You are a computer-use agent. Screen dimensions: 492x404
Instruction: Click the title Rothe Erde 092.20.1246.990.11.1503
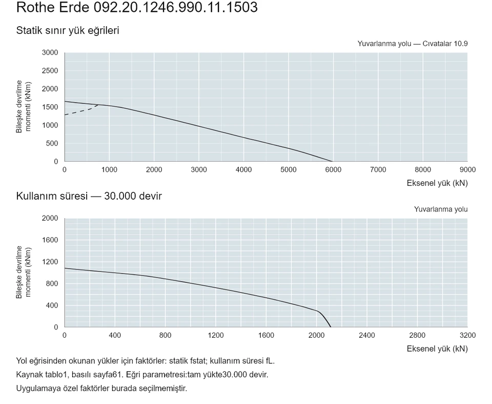click(137, 7)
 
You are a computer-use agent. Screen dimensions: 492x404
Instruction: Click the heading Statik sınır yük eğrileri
click(68, 30)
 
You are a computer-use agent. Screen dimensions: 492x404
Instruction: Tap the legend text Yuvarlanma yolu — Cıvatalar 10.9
click(412, 44)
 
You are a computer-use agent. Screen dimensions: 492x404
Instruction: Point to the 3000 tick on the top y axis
click(50, 52)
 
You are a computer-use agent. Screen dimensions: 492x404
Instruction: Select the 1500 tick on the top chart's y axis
click(50, 107)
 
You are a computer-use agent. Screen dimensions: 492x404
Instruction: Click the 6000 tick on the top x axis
click(333, 170)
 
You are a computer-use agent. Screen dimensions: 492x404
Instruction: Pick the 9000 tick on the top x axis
click(467, 170)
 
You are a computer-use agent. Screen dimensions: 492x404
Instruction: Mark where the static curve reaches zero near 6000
click(332, 161)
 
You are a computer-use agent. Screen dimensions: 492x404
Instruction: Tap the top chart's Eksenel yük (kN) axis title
click(437, 183)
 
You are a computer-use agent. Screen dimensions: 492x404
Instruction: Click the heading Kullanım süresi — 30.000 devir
click(89, 196)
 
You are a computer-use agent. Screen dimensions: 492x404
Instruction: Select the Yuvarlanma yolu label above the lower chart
click(441, 209)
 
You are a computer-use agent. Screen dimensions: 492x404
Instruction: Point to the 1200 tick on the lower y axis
click(50, 262)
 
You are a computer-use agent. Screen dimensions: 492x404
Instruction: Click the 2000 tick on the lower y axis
click(50, 218)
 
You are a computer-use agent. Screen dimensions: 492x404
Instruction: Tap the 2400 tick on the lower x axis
click(367, 335)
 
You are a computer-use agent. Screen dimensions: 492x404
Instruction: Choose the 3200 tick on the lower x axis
click(467, 335)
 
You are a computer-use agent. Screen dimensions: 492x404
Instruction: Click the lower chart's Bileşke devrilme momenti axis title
click(24, 272)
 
